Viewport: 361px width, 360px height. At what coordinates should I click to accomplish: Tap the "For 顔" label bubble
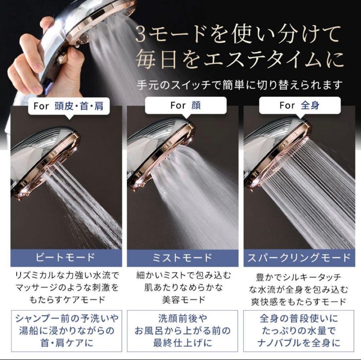click(x=186, y=106)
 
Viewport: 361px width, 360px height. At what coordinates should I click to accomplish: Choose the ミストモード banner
click(x=183, y=257)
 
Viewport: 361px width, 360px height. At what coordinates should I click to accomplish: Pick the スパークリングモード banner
click(x=299, y=257)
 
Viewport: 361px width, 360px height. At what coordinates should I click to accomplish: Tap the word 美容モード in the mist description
click(x=183, y=299)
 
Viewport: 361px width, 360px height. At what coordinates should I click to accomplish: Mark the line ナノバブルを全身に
click(x=299, y=342)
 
